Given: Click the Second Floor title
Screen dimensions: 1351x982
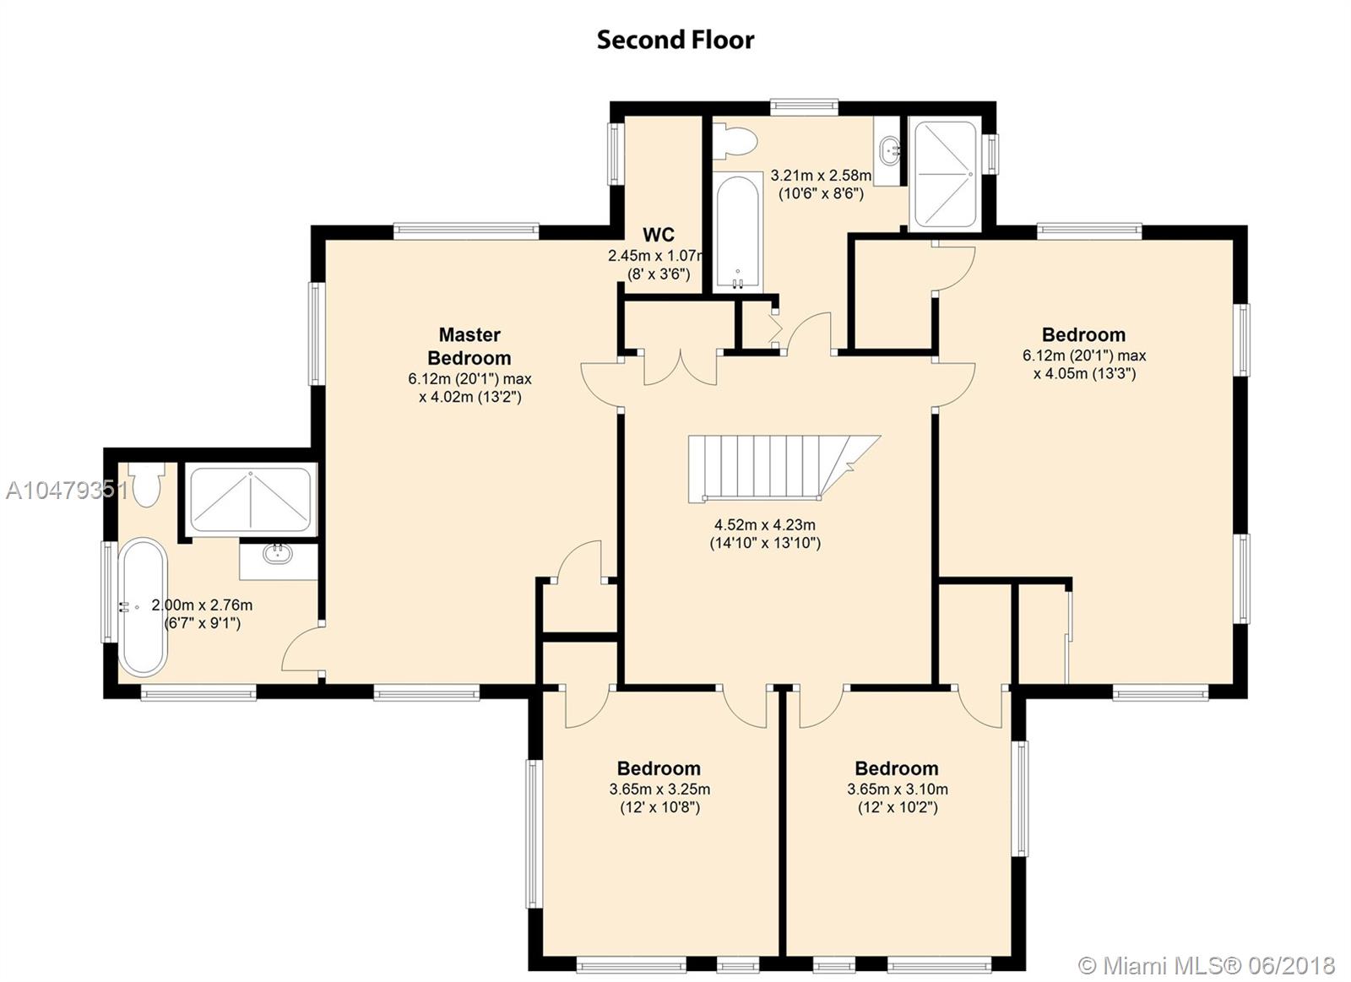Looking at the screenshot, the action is [675, 40].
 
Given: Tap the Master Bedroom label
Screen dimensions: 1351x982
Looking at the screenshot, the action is [469, 346].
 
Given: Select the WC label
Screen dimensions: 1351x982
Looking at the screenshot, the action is [659, 234].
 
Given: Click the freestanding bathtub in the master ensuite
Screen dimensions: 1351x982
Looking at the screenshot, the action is [143, 606].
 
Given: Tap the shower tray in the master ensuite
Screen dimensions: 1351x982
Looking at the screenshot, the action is [250, 500].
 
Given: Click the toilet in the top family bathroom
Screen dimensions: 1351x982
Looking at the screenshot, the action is [735, 141].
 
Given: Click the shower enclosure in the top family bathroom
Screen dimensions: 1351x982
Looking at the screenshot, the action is [945, 175].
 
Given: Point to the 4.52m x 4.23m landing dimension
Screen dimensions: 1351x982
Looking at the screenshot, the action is [765, 534].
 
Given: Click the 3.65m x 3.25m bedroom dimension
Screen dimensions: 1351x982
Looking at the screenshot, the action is [659, 798].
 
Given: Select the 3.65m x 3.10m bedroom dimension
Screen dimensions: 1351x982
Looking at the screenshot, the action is [898, 798].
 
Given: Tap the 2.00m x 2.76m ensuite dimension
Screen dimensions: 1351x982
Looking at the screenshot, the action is [202, 614].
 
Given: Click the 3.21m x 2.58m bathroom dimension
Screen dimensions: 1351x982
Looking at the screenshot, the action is [821, 185].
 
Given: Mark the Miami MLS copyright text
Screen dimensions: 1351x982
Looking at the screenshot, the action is [1207, 966].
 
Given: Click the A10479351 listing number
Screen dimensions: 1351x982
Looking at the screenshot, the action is [67, 491].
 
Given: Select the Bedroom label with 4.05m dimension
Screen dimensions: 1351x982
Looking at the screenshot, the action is [1084, 334].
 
